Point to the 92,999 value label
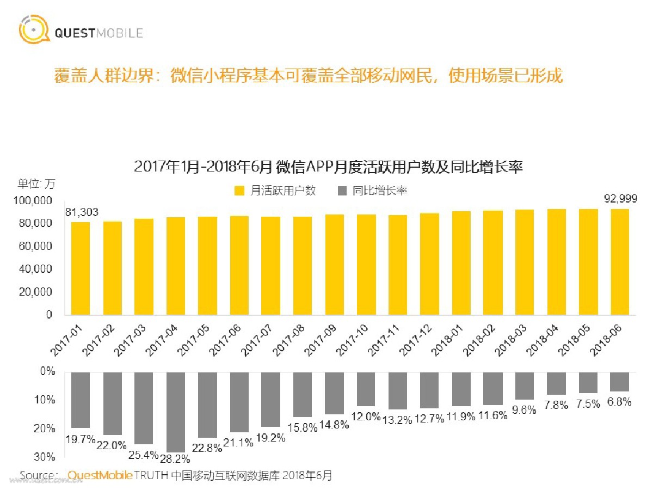click(x=620, y=199)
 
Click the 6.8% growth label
click(x=620, y=402)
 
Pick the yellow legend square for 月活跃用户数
click(x=239, y=191)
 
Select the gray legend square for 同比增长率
click(x=342, y=191)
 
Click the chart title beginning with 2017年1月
click(x=328, y=167)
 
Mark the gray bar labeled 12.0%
click(x=366, y=389)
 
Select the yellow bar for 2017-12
click(x=430, y=264)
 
